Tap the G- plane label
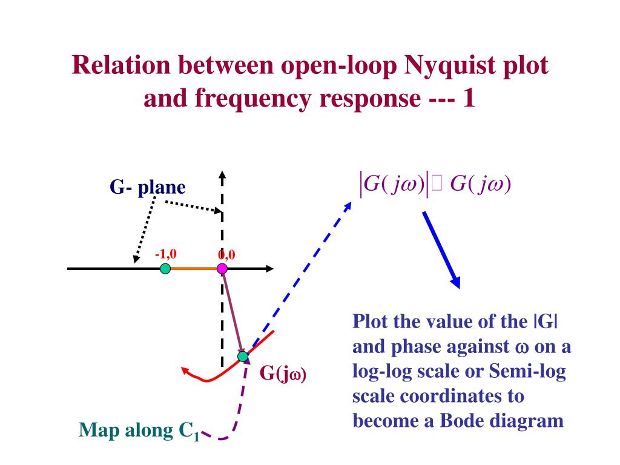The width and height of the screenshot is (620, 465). click(148, 188)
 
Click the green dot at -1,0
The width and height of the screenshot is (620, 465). click(165, 269)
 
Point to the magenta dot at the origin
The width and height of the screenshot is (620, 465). click(222, 269)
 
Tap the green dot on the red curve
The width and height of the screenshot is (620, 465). click(243, 356)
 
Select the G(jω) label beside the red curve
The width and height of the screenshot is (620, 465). click(283, 373)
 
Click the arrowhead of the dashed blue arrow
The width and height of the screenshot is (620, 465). click(348, 206)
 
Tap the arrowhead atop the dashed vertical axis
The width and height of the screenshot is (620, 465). click(222, 176)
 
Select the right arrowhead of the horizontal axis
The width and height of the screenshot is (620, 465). click(269, 269)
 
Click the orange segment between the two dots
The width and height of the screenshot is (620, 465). click(194, 269)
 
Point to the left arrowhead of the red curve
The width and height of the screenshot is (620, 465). click(184, 369)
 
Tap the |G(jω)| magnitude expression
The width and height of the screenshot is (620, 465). click(394, 183)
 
